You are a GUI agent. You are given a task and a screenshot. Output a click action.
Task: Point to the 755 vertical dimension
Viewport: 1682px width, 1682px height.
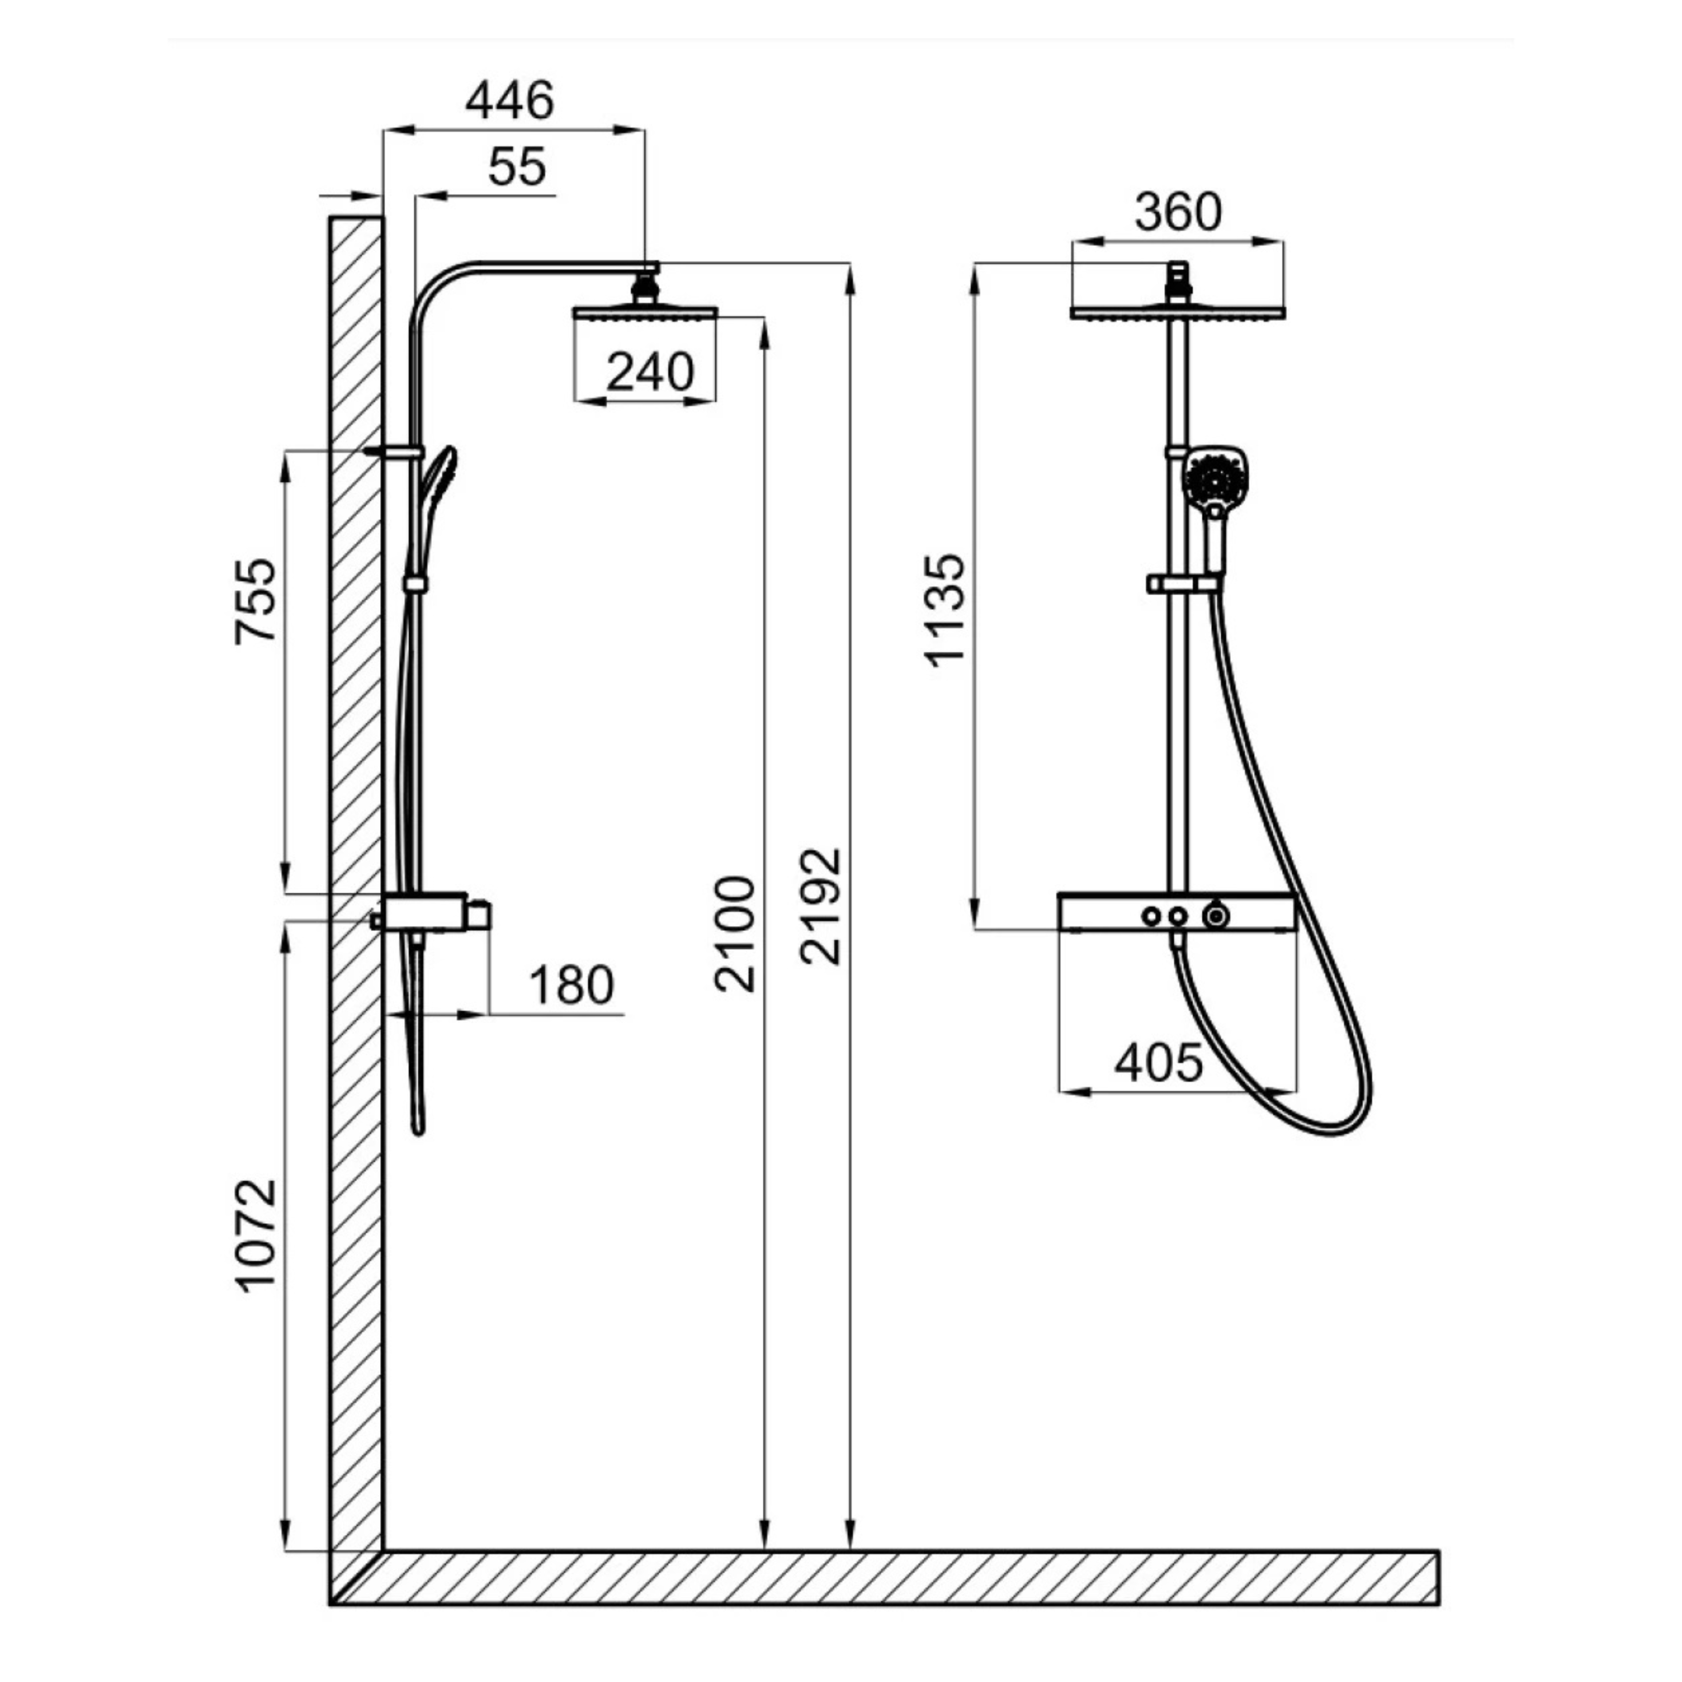(x=256, y=601)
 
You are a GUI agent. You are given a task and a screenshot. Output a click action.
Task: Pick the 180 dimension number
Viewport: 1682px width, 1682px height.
(x=571, y=985)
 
